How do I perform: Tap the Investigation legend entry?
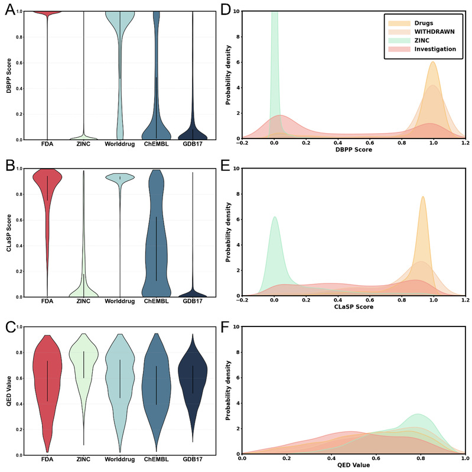(x=432, y=49)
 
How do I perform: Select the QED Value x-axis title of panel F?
(x=353, y=465)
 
